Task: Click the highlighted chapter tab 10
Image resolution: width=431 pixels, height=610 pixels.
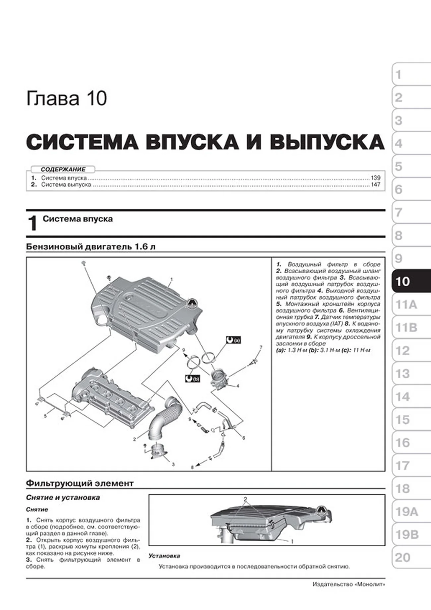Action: point(410,281)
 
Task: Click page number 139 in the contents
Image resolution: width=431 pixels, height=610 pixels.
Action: point(375,178)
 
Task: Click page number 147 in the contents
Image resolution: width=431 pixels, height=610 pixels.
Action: point(375,184)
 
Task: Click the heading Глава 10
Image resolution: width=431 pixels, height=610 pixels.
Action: point(66,99)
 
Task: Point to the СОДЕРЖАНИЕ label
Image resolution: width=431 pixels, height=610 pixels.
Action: point(63,169)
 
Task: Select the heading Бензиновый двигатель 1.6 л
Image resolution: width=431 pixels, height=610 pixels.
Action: point(91,247)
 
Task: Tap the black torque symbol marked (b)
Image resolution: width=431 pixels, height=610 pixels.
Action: point(192,378)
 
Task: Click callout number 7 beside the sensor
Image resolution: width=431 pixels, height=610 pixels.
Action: point(261,347)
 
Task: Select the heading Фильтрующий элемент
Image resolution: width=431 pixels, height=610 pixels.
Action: point(80,483)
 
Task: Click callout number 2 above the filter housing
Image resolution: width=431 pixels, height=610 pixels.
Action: point(245,499)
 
